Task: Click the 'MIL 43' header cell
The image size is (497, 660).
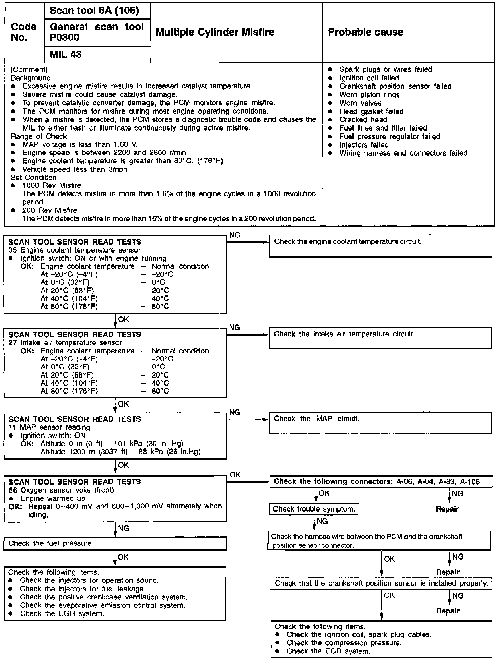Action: point(66,54)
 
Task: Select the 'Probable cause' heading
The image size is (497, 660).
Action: point(365,32)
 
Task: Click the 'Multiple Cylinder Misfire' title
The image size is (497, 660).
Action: point(215,32)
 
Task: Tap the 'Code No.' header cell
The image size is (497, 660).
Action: point(24,32)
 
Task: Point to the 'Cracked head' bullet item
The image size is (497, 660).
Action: point(363,120)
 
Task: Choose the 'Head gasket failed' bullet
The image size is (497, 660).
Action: point(371,111)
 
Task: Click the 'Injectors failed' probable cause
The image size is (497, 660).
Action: point(364,145)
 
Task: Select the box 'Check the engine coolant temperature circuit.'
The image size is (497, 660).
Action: point(380,246)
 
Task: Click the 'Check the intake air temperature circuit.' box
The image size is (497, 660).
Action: point(380,338)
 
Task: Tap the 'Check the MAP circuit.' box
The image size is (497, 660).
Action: point(380,422)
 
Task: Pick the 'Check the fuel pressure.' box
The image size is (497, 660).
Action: point(115,544)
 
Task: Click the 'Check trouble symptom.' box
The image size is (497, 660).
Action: point(314,509)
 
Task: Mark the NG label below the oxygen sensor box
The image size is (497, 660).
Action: point(124,528)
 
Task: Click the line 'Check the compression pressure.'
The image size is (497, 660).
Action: point(344,643)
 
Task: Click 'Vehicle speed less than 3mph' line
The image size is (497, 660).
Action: point(75,169)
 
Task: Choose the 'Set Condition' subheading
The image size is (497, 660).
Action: point(33,177)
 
